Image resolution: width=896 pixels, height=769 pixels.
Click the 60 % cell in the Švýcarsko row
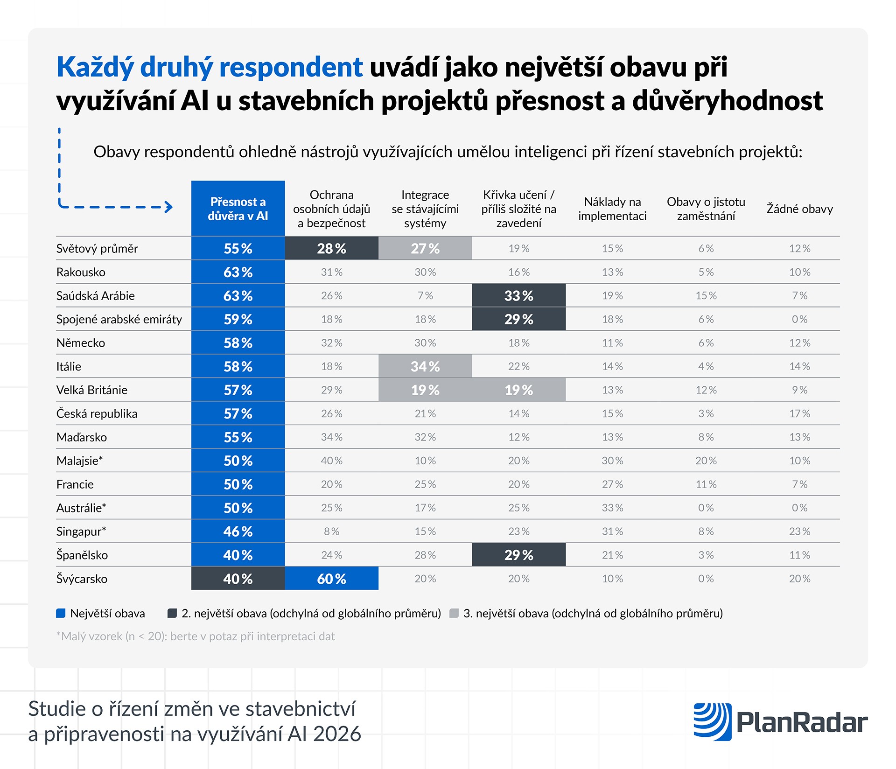coord(331,579)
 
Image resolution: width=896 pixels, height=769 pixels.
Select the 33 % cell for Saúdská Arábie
coord(518,295)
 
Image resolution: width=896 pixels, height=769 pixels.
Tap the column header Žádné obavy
coord(799,209)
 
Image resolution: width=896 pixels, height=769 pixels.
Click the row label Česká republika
coord(97,413)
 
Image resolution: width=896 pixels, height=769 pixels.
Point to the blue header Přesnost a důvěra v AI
coord(238,209)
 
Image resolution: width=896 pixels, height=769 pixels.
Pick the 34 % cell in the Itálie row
coord(425,366)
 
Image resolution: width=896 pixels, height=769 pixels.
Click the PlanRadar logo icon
coord(712,721)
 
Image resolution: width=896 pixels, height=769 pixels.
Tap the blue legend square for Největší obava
coord(61,613)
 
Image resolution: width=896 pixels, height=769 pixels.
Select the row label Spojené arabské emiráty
coord(119,319)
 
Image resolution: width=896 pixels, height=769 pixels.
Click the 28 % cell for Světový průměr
coord(331,248)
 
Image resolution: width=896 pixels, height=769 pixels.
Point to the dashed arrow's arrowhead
coord(169,207)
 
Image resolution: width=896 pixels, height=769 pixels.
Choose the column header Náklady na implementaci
coord(612,209)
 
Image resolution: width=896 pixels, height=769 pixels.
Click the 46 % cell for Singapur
coord(238,531)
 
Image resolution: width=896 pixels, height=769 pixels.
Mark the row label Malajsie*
coord(79,461)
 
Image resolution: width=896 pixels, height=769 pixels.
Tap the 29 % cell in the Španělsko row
coord(518,555)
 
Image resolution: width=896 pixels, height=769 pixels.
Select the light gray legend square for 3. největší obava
coord(454,613)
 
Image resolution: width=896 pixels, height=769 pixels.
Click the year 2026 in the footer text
coord(337,734)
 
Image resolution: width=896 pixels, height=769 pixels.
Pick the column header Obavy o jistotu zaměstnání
coord(706,209)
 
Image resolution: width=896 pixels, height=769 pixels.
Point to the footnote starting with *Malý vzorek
coord(196,636)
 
